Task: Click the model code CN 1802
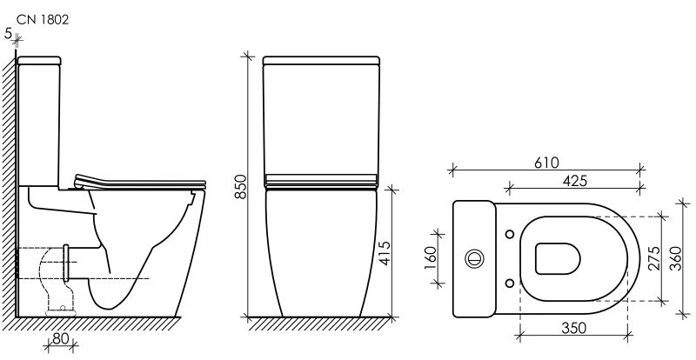click(43, 20)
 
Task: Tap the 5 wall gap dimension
click(8, 33)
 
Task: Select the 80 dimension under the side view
click(61, 338)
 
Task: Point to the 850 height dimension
click(240, 186)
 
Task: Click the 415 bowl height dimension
click(385, 253)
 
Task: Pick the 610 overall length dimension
click(546, 163)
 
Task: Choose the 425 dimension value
click(575, 181)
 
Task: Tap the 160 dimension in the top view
click(431, 258)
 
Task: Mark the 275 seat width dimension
click(654, 259)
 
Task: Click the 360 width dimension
click(675, 259)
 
